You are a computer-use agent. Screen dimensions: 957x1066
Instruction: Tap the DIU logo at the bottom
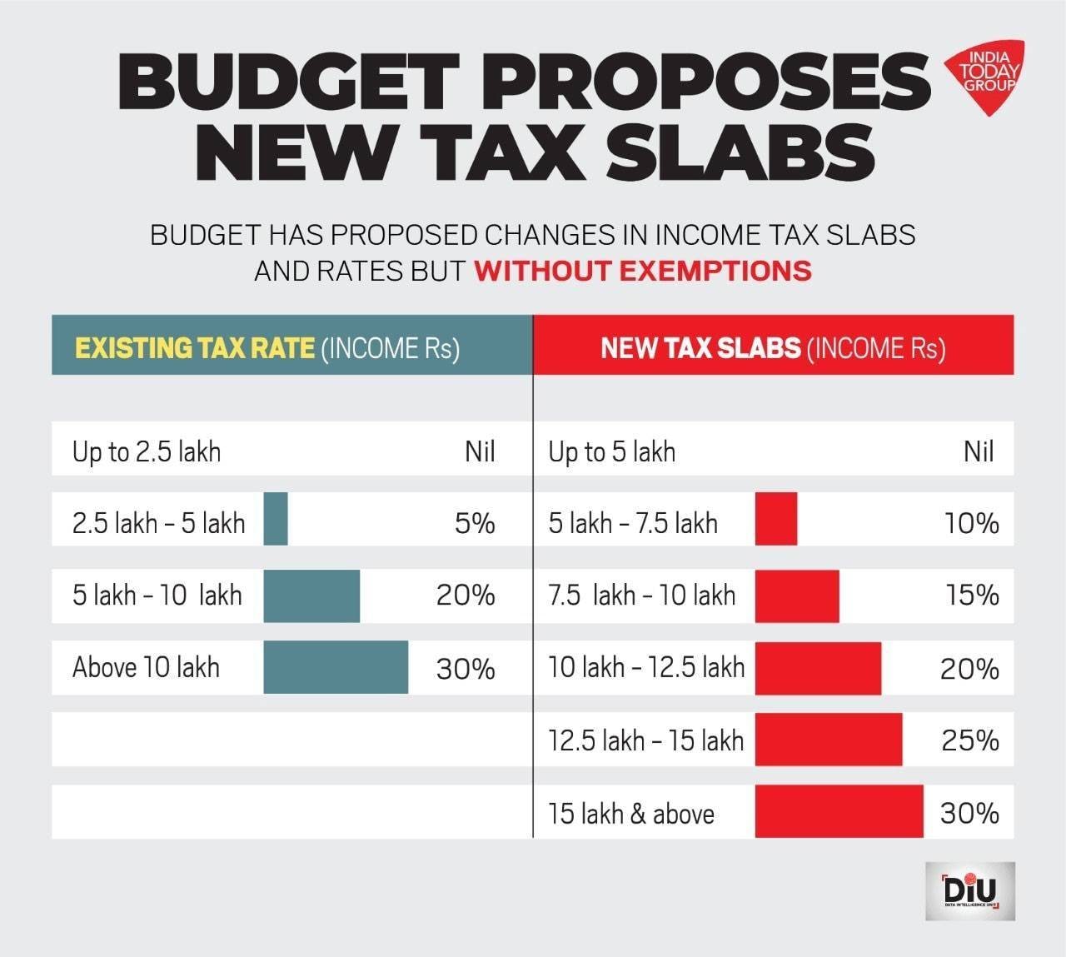(969, 890)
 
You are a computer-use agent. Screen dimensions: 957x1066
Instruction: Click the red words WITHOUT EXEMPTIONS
(642, 271)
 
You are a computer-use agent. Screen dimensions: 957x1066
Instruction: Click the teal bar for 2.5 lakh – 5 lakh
(276, 519)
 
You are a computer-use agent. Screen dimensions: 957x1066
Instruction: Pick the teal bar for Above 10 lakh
(336, 667)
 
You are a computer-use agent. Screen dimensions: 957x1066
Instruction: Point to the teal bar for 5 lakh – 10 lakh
(311, 596)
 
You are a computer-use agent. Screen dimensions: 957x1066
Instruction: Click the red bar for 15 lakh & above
(839, 811)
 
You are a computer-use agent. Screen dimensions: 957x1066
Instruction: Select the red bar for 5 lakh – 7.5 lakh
(776, 519)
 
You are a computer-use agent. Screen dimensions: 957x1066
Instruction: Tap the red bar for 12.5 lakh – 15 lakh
(829, 740)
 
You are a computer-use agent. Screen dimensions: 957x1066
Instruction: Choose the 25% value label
(969, 740)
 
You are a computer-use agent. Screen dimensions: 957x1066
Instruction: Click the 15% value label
(971, 596)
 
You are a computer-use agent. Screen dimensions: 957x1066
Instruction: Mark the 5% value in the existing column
(475, 524)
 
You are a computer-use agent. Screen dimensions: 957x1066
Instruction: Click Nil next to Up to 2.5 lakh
(480, 452)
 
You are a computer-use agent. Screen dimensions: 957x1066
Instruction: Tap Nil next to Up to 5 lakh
(979, 452)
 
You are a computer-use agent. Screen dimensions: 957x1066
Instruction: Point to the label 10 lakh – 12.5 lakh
(646, 667)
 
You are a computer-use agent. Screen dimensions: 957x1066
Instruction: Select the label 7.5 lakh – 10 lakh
(642, 596)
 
